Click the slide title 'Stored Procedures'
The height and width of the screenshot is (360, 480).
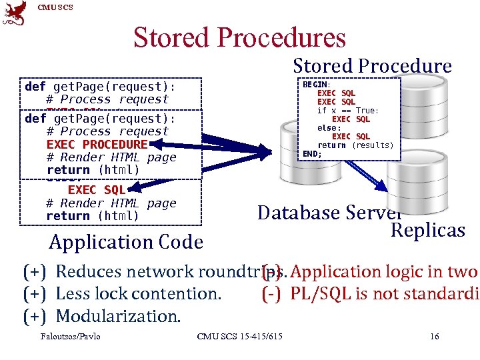tap(239, 38)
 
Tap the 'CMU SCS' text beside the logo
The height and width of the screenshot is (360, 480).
tap(55, 7)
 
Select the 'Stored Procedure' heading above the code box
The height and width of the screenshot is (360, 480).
tap(372, 66)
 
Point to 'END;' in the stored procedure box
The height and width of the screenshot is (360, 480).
tap(312, 154)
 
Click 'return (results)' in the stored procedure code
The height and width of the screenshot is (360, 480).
tap(355, 145)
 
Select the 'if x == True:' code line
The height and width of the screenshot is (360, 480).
tap(348, 111)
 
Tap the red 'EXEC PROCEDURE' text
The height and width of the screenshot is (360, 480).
tap(97, 145)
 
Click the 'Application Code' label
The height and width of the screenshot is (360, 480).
tap(126, 242)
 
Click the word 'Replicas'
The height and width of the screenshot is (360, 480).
tap(427, 230)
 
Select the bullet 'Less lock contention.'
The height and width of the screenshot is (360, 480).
tap(138, 293)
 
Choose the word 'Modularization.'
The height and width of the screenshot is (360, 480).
tap(118, 315)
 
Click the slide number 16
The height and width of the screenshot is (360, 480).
tap(435, 336)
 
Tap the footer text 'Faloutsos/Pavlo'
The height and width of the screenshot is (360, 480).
tap(70, 336)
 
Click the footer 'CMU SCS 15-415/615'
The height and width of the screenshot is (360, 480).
tap(239, 336)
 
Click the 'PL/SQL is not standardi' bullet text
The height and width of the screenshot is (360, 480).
tap(377, 293)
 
